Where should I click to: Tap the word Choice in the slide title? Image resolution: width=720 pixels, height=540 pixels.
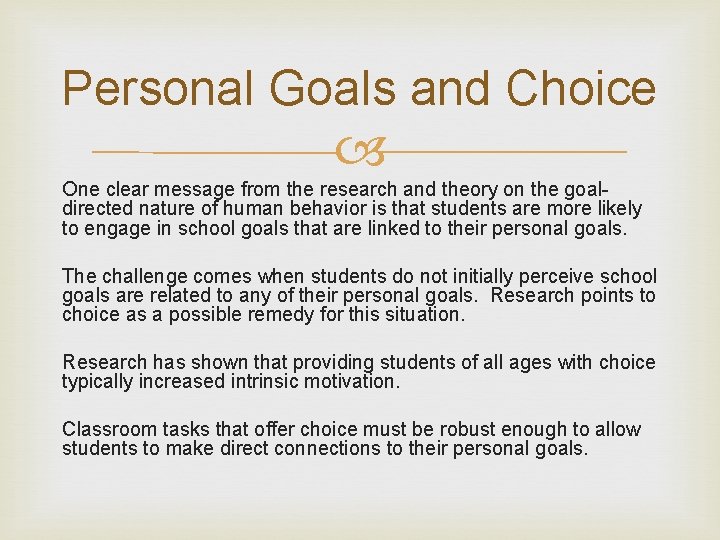coord(581,89)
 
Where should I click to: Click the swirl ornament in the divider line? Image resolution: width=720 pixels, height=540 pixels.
coord(361,153)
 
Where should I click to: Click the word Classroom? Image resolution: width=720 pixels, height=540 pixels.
coord(107,429)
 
